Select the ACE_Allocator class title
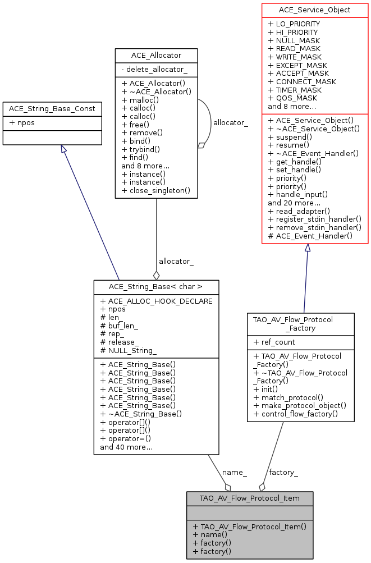point(156,55)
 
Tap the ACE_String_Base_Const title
point(52,108)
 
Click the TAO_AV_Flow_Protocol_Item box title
point(250,498)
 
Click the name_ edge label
point(235,472)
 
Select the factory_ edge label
point(283,472)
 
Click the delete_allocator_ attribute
point(154,70)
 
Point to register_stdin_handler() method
point(314,219)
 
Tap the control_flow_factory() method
point(296,414)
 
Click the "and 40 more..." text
point(126,447)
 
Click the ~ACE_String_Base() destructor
point(141,414)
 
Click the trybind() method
point(140,149)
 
